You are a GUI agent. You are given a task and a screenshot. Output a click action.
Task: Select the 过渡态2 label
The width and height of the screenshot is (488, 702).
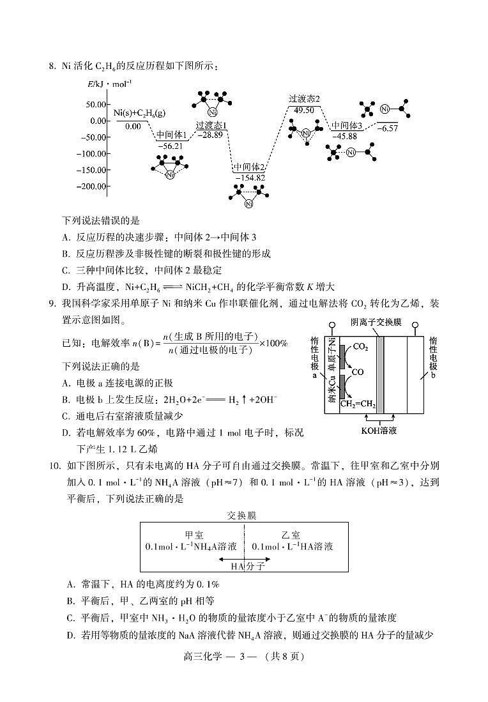coord(303,98)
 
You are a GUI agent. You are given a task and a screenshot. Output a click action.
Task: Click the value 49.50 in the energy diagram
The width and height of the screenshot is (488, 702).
coord(303,109)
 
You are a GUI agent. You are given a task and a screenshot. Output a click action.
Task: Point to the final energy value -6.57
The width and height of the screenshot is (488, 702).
coord(387,128)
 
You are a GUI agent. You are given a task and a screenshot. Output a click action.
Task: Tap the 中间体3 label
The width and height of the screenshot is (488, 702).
coord(347,126)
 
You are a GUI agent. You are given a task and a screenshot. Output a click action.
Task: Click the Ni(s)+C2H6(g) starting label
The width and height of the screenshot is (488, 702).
coord(139,113)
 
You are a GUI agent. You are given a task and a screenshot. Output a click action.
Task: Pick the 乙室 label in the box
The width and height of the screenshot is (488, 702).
coord(291,535)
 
